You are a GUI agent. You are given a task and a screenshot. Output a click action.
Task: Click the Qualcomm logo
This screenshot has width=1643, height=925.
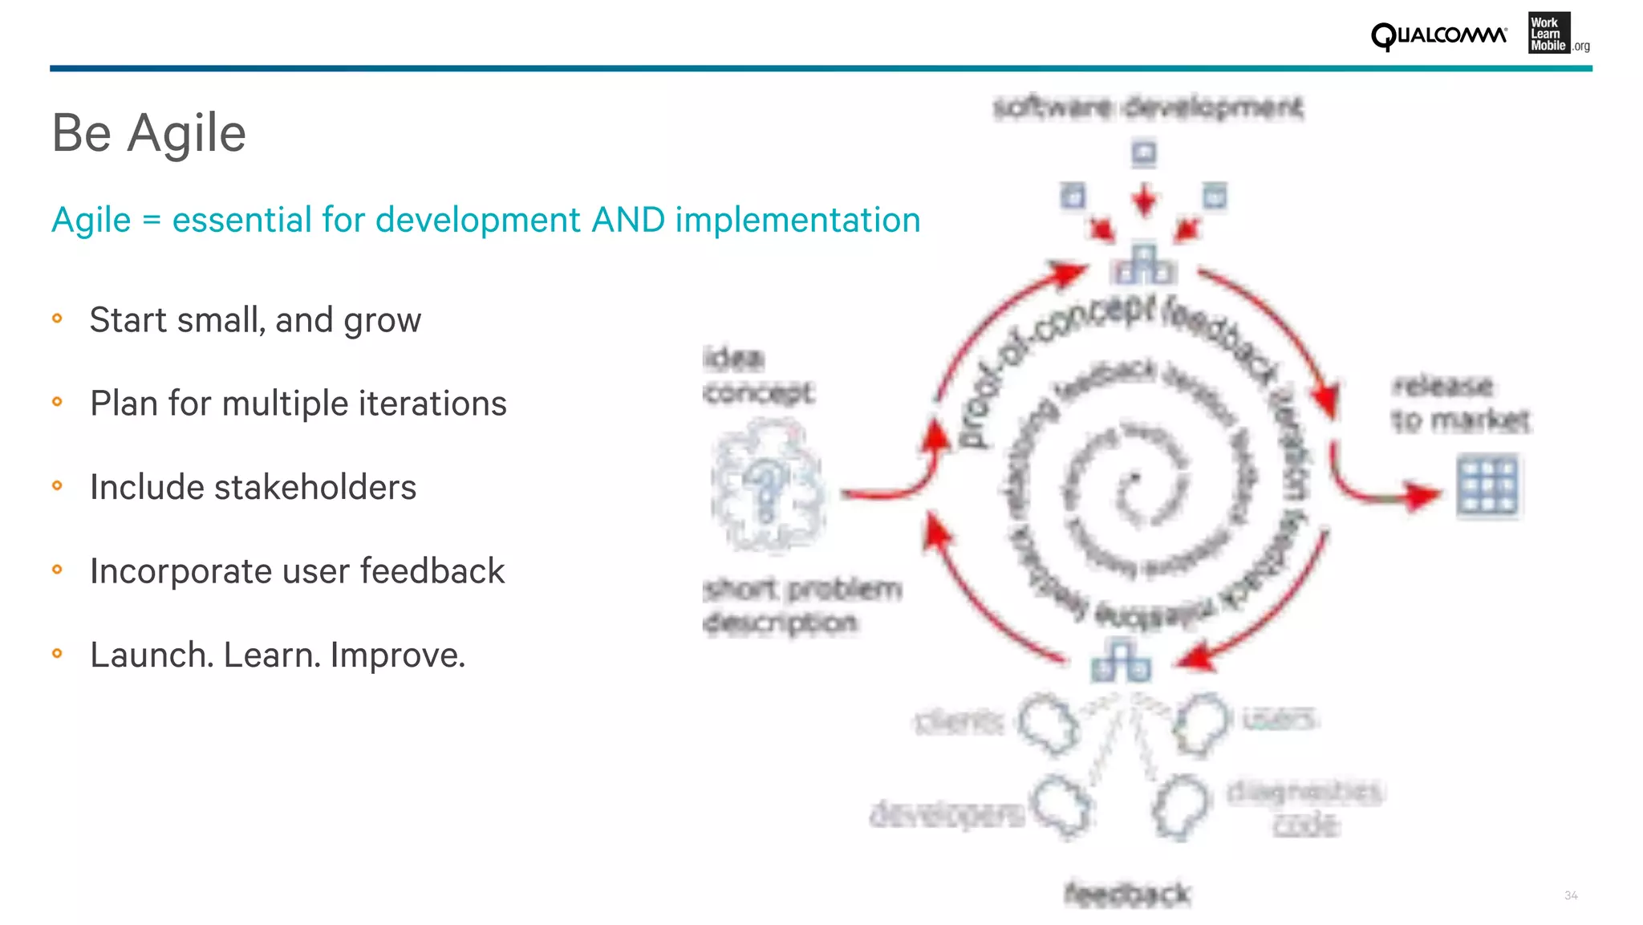(1438, 36)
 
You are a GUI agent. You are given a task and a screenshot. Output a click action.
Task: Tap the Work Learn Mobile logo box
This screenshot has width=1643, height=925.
(1548, 34)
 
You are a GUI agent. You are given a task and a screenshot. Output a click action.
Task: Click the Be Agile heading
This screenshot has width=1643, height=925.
(148, 132)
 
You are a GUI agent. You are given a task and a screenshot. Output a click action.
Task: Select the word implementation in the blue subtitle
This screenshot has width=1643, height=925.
(797, 220)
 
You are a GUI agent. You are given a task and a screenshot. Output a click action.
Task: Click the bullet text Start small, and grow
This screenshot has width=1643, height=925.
(255, 320)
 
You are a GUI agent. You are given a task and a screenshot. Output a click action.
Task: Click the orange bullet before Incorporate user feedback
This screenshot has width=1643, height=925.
(57, 570)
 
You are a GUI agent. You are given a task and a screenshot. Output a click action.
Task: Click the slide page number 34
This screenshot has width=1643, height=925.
(1571, 895)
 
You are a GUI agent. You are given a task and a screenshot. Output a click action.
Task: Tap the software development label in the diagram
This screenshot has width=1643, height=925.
(1147, 107)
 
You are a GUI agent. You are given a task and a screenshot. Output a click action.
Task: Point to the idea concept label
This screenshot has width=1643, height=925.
(757, 375)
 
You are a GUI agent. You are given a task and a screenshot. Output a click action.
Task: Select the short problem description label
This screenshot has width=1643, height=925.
(801, 606)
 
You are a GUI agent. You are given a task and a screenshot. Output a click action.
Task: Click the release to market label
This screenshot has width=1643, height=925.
(1459, 403)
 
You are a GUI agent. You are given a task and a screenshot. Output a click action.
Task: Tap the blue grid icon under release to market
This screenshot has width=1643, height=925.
(1487, 485)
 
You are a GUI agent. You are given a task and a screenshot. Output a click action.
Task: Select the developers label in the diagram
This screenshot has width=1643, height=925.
(947, 814)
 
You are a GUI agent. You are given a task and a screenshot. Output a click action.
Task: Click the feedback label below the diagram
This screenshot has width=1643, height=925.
(1127, 894)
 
